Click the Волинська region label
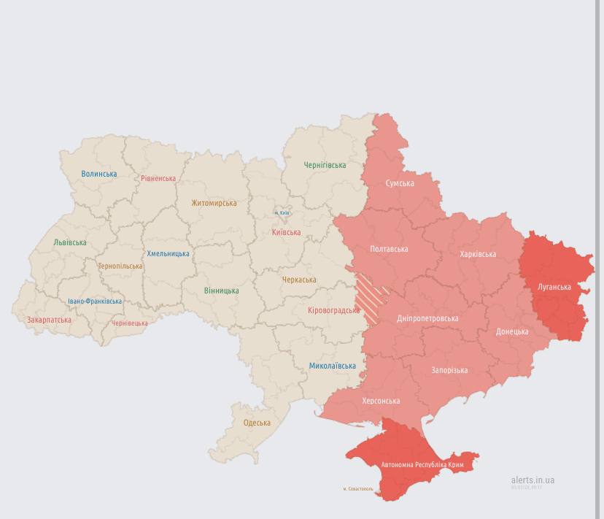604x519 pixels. click(99, 174)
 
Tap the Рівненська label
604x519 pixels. click(158, 178)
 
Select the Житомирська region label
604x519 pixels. click(214, 203)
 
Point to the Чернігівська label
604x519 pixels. click(325, 165)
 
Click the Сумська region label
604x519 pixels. click(400, 183)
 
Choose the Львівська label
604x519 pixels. click(70, 242)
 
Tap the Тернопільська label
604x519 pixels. click(120, 266)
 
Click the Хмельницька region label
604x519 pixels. click(168, 254)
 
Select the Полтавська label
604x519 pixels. click(389, 249)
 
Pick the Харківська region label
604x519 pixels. click(478, 254)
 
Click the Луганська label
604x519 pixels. click(554, 287)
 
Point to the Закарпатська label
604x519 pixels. click(49, 320)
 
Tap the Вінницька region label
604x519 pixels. click(221, 291)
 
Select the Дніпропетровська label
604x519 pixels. click(427, 318)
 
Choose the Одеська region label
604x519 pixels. click(257, 423)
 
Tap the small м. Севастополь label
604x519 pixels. click(358, 488)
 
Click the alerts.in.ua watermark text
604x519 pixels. click(533, 480)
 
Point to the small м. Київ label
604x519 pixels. click(282, 213)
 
